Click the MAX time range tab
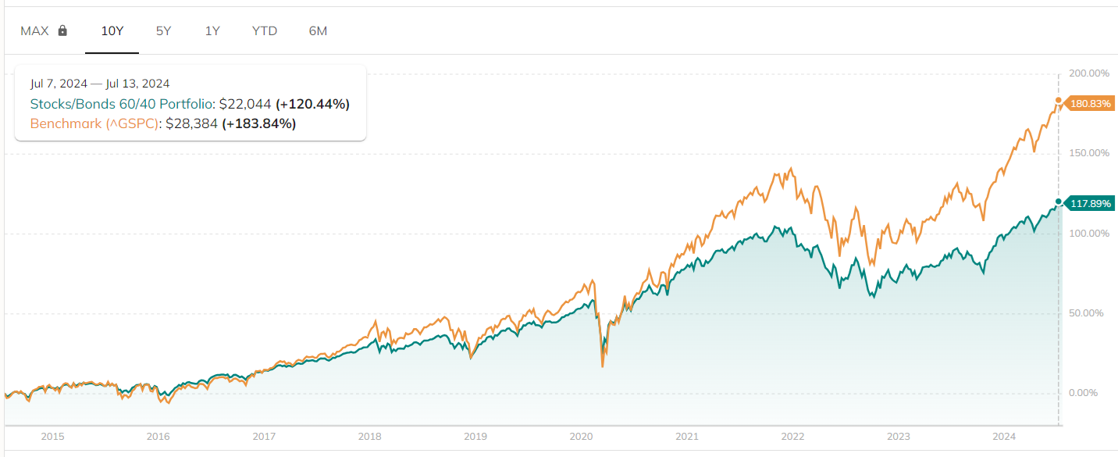(x=34, y=31)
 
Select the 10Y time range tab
(x=112, y=31)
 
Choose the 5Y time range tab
(x=163, y=31)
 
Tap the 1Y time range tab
(x=212, y=31)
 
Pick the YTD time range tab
(x=265, y=31)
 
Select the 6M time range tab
(x=318, y=31)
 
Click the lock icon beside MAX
(x=63, y=31)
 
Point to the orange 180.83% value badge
(x=1090, y=104)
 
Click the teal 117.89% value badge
(x=1090, y=204)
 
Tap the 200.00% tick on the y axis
(x=1088, y=73)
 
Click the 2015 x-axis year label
(x=52, y=437)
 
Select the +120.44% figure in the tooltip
(x=312, y=104)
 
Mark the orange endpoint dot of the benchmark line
(x=1059, y=101)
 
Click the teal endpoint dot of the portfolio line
(x=1059, y=202)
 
